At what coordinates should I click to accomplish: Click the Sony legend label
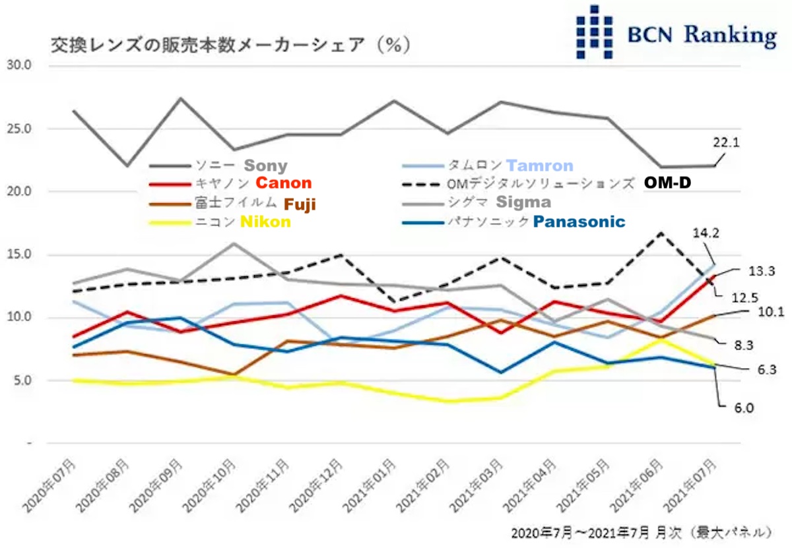click(266, 166)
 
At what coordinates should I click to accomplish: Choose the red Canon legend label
click(283, 183)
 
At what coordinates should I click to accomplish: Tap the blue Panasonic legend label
click(579, 222)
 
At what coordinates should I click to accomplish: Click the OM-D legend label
click(667, 183)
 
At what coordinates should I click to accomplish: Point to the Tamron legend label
click(539, 166)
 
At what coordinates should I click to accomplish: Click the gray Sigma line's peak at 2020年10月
click(233, 243)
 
